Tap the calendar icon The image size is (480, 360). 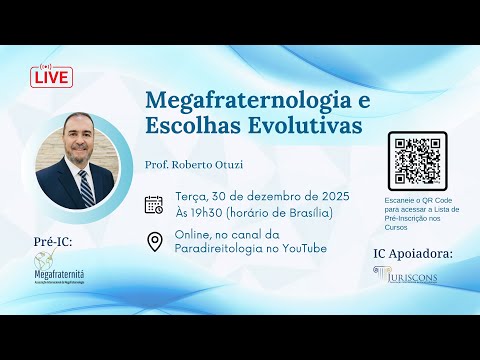tap(154, 204)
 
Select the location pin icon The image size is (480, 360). tap(155, 241)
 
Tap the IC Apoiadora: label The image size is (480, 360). tap(412, 254)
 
